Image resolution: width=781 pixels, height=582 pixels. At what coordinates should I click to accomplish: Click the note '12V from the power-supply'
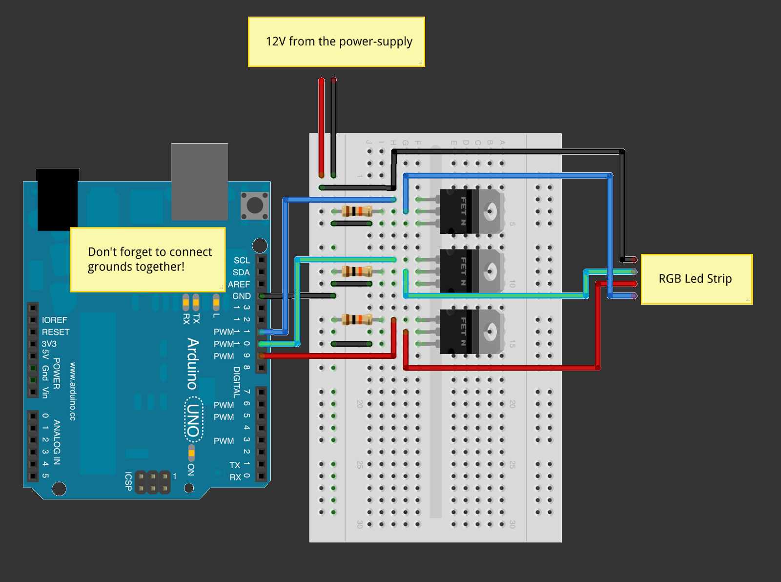pos(336,42)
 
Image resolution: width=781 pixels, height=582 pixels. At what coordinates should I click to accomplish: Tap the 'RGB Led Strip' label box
pos(696,279)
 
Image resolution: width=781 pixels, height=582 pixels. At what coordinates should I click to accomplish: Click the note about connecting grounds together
pos(148,259)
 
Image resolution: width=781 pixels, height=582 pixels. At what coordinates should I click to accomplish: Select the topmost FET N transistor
pos(471,211)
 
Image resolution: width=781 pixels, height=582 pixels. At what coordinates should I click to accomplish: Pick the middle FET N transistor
pos(471,271)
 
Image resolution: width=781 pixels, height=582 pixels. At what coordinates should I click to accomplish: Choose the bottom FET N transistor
pos(471,332)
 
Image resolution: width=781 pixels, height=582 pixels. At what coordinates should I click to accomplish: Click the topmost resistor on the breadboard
pos(357,211)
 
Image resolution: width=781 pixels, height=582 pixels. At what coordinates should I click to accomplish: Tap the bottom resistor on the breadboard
pos(357,320)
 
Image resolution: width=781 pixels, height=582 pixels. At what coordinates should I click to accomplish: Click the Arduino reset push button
pos(255,205)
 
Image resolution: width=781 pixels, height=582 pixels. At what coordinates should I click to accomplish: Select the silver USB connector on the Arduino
pos(200,181)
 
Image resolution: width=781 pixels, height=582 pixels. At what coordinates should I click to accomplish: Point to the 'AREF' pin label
pos(239,284)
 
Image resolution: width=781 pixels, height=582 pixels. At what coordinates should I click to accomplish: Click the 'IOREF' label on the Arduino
pos(54,320)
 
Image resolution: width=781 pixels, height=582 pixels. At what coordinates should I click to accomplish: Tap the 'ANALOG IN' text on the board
pos(57,442)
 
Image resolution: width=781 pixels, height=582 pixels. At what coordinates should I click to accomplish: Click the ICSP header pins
pos(152,482)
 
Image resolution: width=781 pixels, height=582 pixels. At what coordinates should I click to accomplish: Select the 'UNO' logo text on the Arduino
pos(194,420)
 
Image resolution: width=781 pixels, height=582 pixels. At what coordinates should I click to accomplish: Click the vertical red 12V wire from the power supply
pos(321,127)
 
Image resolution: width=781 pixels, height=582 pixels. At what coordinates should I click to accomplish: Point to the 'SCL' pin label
pos(242,260)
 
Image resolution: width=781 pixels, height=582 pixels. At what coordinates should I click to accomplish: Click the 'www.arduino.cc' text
pos(73,391)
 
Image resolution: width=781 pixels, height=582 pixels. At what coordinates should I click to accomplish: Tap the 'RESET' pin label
pos(55,332)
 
